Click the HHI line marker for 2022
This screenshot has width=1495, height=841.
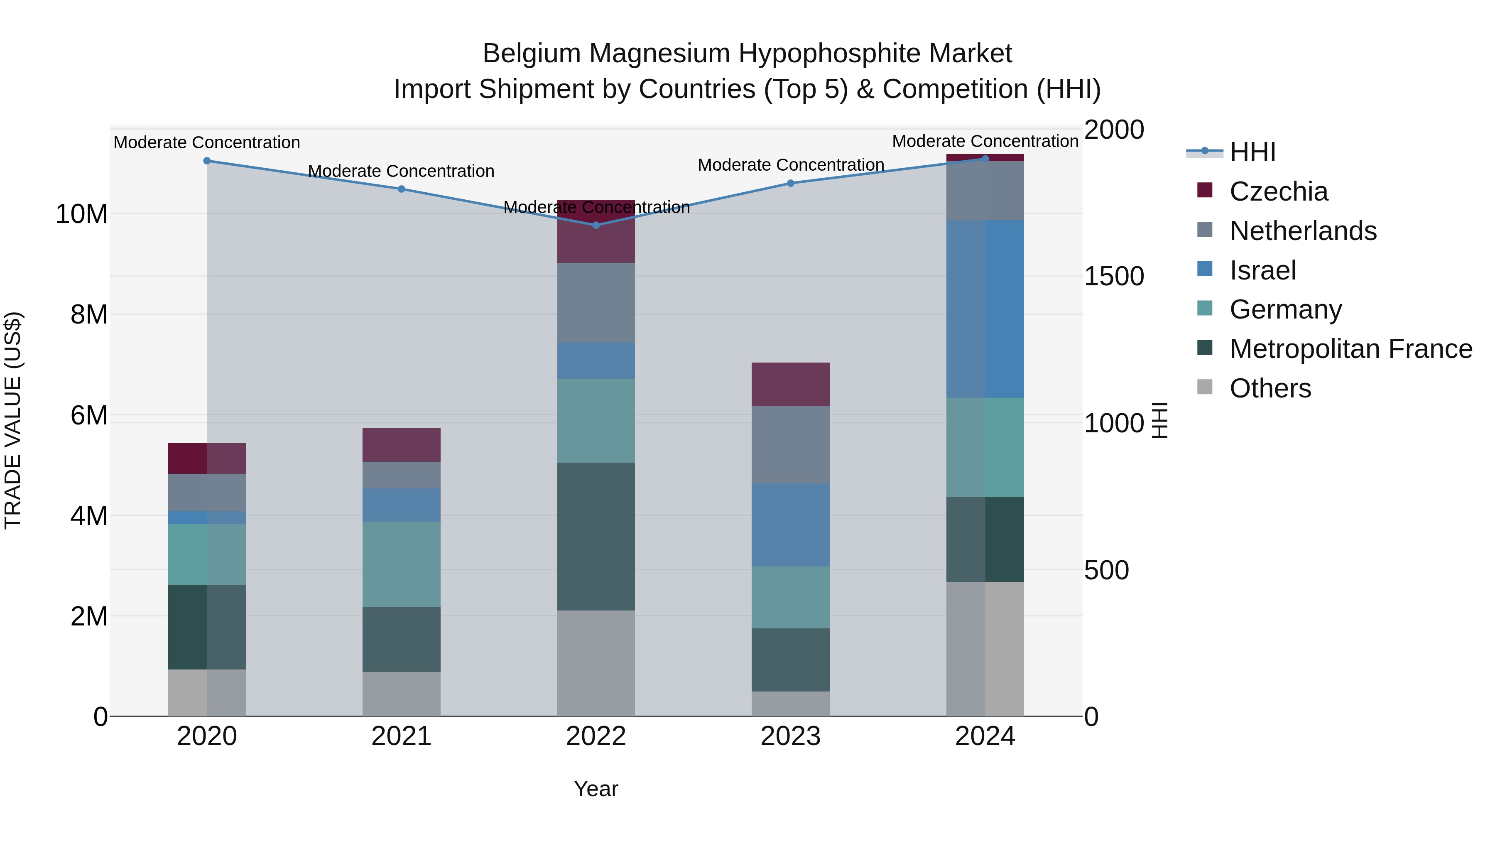point(596,225)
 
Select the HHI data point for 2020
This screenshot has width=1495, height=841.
point(207,161)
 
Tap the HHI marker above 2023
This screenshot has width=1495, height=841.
point(790,184)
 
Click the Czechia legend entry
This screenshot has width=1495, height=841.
point(1279,191)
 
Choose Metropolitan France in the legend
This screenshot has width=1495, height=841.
point(1351,349)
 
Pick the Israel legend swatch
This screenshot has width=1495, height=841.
point(1205,269)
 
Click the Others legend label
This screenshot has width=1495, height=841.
point(1270,388)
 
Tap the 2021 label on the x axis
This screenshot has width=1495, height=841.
point(401,736)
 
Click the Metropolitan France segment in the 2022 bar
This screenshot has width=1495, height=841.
point(596,536)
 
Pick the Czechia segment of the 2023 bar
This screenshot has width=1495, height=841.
point(790,384)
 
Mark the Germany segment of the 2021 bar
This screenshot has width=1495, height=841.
point(401,564)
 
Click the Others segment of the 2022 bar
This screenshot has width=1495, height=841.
point(596,663)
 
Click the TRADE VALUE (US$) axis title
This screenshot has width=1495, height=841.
point(13,420)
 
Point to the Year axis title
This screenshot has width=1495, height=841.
point(596,790)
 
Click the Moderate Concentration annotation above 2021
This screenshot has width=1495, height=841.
point(401,171)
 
